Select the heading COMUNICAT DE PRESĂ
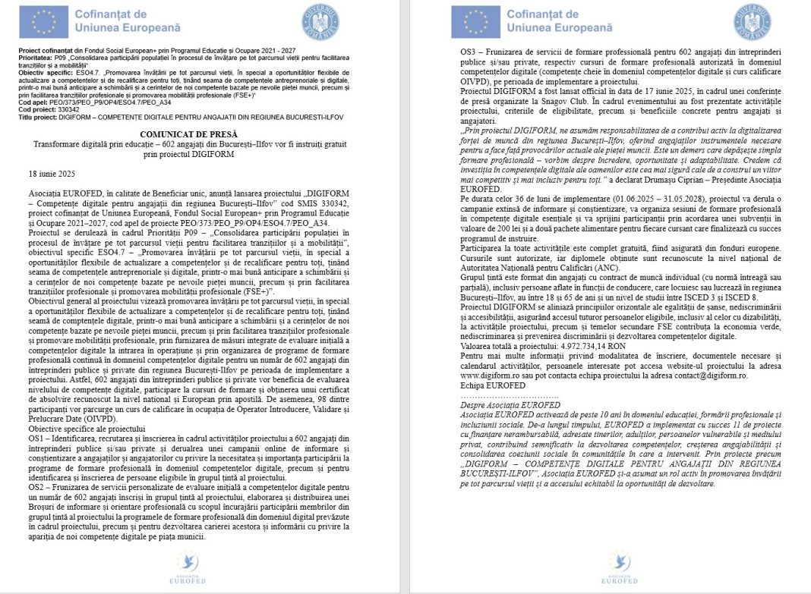(202, 133)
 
